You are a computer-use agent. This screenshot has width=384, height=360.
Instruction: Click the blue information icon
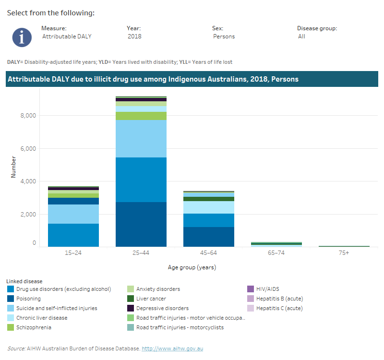point(22,37)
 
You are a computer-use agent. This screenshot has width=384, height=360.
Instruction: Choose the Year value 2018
point(134,36)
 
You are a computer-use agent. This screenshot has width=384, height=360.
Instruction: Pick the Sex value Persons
point(224,36)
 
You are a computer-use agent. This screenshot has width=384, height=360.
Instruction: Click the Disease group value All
point(301,36)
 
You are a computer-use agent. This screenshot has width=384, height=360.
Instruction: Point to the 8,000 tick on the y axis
point(27,116)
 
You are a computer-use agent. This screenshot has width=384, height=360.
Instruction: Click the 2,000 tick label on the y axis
point(27,214)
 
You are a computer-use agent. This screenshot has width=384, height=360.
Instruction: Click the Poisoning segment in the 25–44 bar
point(141,224)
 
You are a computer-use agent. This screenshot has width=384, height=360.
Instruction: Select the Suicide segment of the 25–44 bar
point(141,138)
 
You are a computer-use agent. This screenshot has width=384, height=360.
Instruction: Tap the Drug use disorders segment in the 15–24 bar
point(73,235)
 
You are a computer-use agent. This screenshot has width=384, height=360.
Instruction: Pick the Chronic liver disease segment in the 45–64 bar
point(209,207)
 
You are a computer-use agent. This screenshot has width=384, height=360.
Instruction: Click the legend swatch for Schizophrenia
point(11,327)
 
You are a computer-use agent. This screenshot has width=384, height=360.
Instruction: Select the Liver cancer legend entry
point(151,299)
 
